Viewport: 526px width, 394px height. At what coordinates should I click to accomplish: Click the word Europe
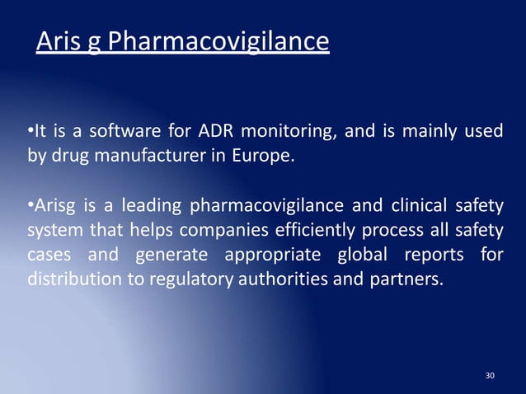263,154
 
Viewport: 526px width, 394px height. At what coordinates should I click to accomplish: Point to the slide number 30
491,376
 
